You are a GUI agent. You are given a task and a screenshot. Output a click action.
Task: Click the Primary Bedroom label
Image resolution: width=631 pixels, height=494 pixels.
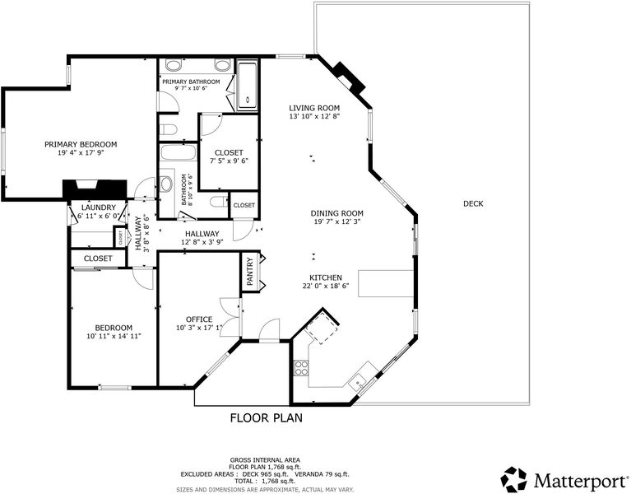click(81, 144)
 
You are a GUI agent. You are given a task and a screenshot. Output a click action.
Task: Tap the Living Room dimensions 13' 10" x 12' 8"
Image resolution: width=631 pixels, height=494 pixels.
click(314, 116)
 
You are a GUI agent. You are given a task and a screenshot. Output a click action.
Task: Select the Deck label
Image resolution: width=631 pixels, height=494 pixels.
click(473, 203)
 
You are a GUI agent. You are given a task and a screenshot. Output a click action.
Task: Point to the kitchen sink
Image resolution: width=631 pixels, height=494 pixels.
click(357, 382)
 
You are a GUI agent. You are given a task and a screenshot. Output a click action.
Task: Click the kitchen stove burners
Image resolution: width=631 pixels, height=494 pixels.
click(301, 367)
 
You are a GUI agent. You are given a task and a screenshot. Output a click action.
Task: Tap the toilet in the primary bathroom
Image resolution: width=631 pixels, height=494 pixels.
click(168, 129)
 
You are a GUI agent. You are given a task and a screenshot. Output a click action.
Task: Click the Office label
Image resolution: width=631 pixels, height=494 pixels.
click(199, 319)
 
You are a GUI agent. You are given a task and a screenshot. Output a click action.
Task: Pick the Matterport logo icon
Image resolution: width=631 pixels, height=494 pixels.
click(513, 479)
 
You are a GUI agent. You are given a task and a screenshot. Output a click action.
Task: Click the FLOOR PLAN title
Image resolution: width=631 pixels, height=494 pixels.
click(266, 417)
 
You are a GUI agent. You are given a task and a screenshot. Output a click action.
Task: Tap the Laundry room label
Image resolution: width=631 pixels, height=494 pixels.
click(98, 207)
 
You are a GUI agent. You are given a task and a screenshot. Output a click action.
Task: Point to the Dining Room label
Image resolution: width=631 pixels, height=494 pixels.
click(336, 213)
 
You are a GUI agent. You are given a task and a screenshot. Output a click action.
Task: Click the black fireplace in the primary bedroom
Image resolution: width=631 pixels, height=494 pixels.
click(95, 189)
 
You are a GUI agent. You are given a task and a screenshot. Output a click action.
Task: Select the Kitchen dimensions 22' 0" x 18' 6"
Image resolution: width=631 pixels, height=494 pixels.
click(326, 287)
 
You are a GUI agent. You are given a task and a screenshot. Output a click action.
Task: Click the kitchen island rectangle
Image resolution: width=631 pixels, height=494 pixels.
click(386, 283)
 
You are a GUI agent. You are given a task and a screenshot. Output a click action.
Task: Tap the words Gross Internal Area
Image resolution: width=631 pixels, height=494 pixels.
click(265, 459)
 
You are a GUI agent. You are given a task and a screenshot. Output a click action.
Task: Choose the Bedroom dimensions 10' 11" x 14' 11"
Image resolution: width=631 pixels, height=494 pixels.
click(114, 336)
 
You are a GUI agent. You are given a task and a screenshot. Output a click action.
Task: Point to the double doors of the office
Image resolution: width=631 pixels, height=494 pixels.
click(230, 319)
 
